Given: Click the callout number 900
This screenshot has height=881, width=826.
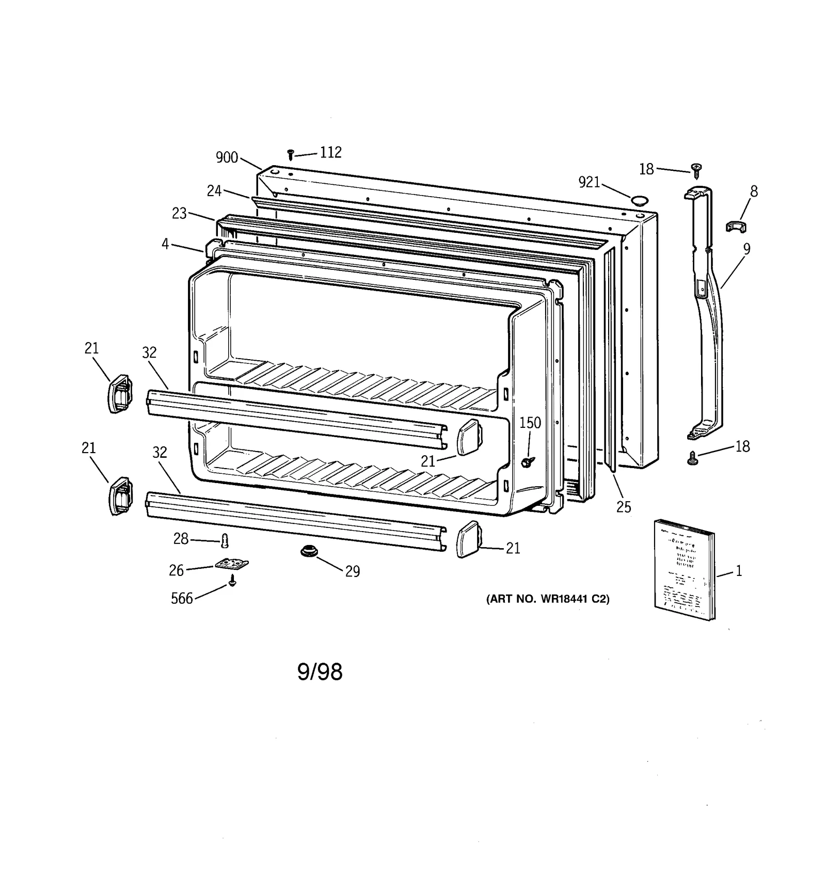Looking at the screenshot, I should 227,157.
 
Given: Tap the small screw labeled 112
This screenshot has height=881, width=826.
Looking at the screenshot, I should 291,154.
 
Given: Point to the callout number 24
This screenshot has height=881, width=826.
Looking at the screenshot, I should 214,191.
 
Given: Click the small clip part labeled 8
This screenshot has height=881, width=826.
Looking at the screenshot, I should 737,226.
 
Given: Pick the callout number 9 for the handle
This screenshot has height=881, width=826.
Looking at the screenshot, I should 746,249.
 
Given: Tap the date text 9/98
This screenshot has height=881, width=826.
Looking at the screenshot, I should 320,672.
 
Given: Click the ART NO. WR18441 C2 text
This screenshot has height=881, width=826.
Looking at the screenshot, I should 548,599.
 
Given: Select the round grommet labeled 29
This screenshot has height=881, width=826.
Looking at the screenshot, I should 309,552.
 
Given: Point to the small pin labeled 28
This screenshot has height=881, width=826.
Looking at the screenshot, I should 224,540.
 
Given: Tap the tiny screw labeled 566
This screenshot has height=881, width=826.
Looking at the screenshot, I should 232,582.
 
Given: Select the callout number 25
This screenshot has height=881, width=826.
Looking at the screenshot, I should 624,507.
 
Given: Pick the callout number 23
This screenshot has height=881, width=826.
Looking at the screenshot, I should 179,213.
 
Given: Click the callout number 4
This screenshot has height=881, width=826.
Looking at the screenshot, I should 165,244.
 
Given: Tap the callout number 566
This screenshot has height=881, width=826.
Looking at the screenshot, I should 182,598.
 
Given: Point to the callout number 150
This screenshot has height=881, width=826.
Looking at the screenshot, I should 530,423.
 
